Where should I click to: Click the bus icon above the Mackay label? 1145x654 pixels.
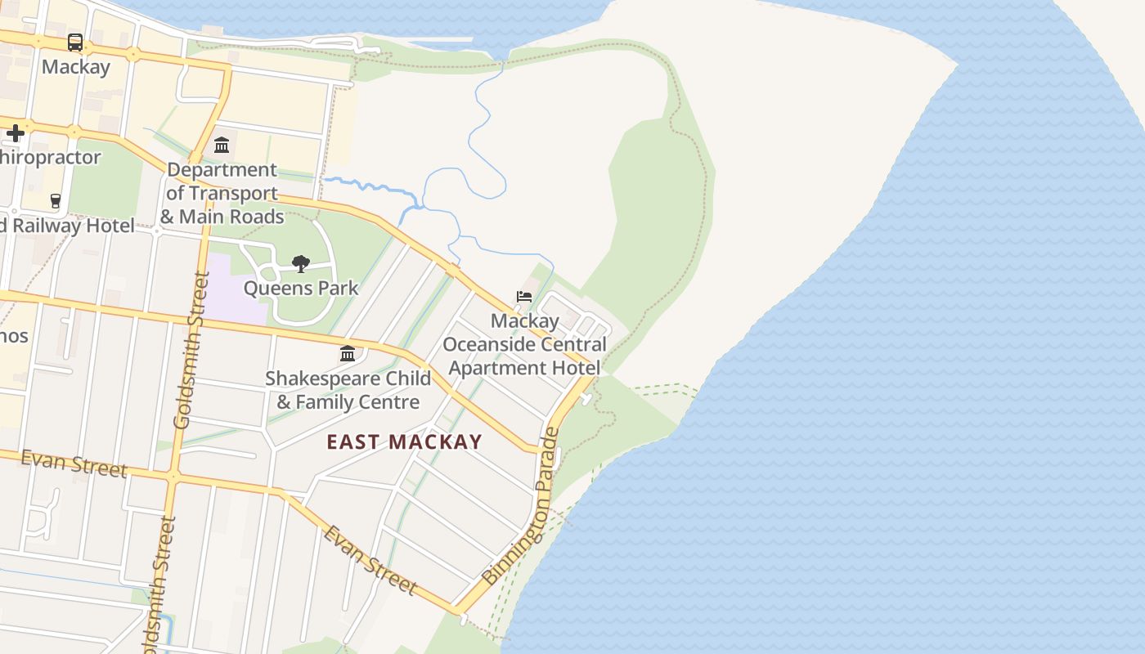tap(75, 42)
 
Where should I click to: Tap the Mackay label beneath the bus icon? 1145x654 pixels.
tap(76, 67)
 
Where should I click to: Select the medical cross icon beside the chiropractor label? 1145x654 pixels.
tap(15, 133)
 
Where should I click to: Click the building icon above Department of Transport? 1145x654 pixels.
tap(222, 146)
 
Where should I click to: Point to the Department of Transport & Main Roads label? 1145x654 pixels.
tap(222, 193)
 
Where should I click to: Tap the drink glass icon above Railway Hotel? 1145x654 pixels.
tap(56, 200)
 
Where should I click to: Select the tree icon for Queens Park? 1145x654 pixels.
tap(301, 263)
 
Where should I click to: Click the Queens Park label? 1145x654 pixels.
tap(301, 288)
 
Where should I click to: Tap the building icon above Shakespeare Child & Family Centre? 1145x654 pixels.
tap(348, 354)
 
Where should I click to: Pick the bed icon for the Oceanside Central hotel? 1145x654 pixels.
tap(524, 297)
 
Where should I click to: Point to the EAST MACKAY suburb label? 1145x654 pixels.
tap(405, 442)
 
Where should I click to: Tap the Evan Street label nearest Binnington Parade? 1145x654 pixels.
tap(370, 561)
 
